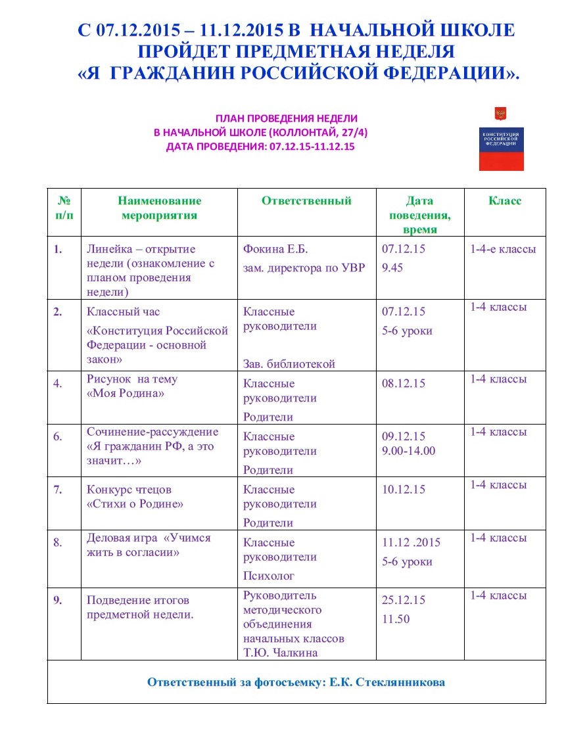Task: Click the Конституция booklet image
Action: click(501, 139)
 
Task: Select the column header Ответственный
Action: click(306, 201)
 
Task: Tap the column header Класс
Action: click(505, 201)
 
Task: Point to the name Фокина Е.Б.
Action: click(275, 249)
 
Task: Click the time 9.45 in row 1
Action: click(392, 268)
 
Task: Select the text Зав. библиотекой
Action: click(289, 363)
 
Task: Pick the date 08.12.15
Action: click(404, 383)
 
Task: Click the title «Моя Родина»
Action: click(125, 393)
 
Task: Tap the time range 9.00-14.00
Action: click(408, 451)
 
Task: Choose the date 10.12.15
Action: click(404, 490)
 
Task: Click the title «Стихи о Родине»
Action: click(135, 504)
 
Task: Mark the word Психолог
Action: click(269, 576)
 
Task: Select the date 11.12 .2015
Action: click(411, 543)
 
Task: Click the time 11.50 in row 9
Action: click(396, 619)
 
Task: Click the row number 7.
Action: click(58, 490)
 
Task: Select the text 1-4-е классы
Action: click(503, 249)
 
